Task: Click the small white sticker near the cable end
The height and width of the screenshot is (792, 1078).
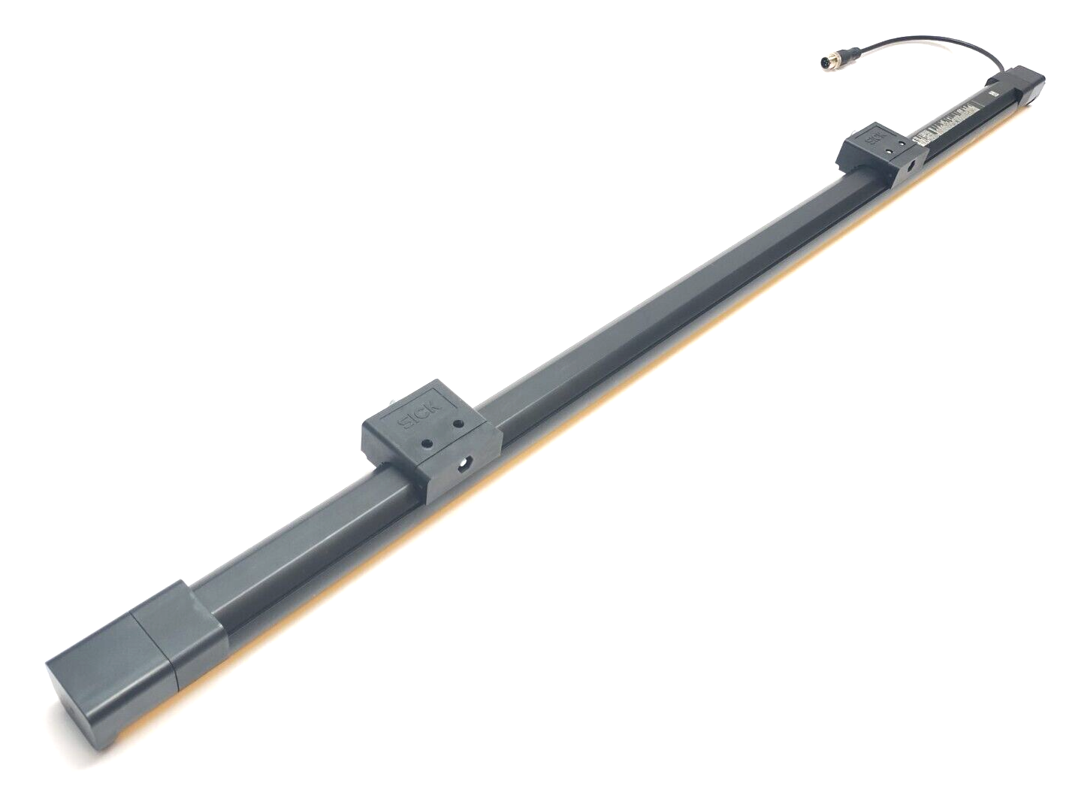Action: [x=993, y=93]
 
